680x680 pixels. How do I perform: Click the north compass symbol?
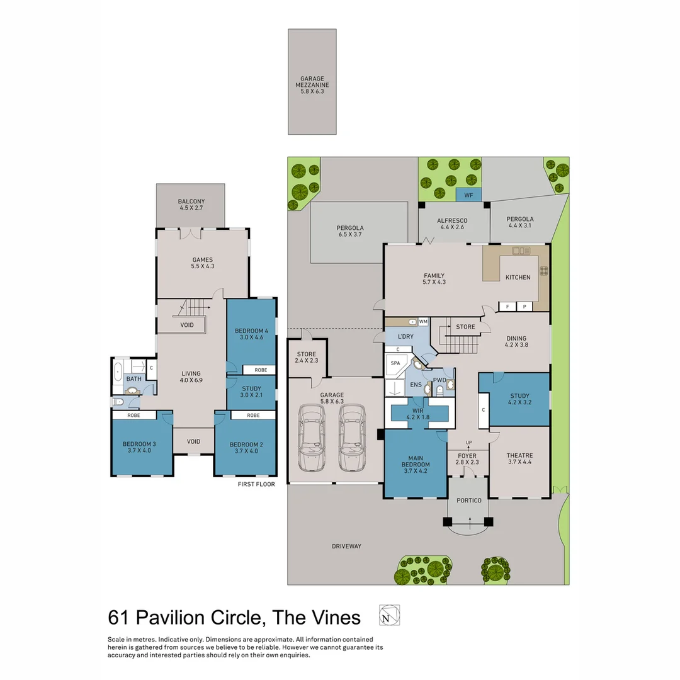coord(389,615)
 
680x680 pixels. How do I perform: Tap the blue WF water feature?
coord(468,196)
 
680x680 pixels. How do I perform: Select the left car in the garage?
coord(313,438)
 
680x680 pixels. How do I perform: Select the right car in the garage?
coord(352,438)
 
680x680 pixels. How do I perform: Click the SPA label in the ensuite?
coord(395,363)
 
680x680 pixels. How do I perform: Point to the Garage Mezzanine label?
coord(313,85)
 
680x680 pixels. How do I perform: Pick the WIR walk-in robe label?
coord(419,413)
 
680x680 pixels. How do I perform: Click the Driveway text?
coord(346,546)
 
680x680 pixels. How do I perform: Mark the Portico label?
coord(469,501)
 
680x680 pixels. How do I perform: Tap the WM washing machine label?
coord(423,322)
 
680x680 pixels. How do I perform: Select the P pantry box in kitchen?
coord(524,307)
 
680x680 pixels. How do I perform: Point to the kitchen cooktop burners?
coord(543,271)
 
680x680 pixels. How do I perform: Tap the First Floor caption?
coord(256,484)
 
